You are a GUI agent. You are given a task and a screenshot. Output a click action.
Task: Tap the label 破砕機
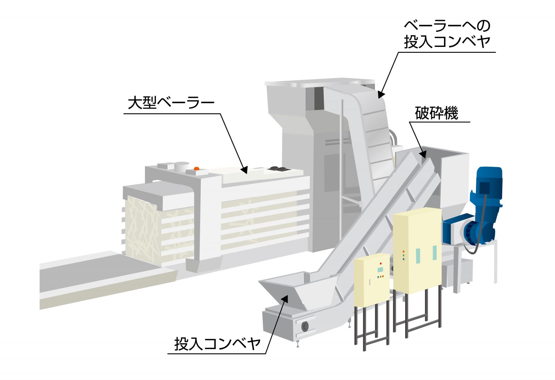click(436, 113)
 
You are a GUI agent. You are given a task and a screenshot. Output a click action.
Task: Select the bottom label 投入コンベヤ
click(217, 344)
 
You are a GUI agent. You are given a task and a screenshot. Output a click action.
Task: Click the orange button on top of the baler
click(196, 169)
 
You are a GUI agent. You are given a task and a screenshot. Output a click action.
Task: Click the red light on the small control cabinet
click(381, 264)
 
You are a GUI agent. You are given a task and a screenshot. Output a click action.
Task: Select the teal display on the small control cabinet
click(381, 270)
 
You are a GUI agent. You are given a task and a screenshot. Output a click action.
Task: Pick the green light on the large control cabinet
click(403, 256)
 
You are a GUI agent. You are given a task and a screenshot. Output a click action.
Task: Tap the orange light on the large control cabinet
click(403, 252)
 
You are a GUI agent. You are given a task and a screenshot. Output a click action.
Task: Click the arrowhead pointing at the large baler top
click(244, 170)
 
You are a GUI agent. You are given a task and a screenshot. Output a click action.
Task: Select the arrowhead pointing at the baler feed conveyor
click(381, 94)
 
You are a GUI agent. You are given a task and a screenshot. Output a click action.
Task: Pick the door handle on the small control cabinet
click(370, 282)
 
